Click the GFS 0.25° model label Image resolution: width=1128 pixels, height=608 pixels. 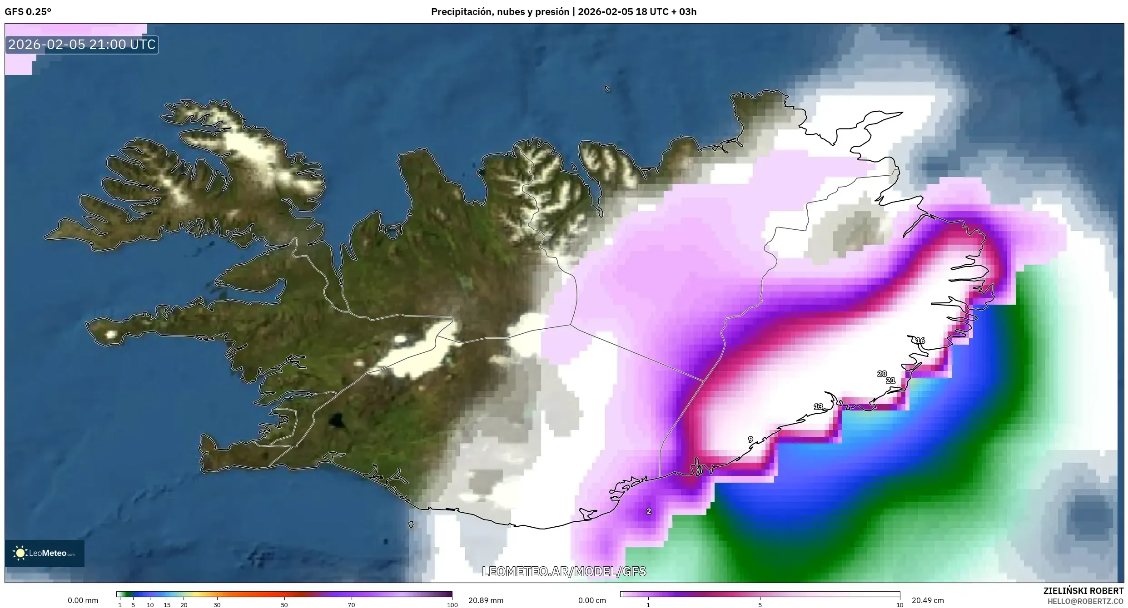coord(28,12)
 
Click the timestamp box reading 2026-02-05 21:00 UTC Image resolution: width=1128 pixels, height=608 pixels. coord(82,44)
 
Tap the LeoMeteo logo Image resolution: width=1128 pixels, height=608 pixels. coord(45,553)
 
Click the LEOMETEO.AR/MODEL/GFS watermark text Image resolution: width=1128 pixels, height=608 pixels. coord(564,571)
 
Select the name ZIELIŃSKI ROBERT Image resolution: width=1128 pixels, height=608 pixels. coord(1083,591)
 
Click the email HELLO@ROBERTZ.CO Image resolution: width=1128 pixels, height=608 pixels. coord(1086,601)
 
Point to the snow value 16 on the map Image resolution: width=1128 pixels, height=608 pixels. coord(920,341)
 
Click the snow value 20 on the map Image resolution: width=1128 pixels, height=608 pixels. coord(882,374)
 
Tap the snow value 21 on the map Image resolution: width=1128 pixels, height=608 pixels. coord(890,381)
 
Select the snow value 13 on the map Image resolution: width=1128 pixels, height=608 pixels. coord(818,407)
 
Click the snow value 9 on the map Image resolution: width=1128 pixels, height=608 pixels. coord(750,440)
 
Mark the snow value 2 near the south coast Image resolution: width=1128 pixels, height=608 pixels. coord(649,511)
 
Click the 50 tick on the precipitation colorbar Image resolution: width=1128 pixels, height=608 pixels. coord(284,605)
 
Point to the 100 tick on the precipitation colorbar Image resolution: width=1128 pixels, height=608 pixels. coord(452,605)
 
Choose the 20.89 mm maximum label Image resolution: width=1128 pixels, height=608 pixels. coord(486,600)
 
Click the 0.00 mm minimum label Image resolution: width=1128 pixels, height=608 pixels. coord(83,600)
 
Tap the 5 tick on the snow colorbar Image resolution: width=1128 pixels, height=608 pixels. coord(760,605)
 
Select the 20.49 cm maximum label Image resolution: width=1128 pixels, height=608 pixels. coord(928,600)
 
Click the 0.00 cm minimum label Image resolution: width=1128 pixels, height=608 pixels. coord(592,600)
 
